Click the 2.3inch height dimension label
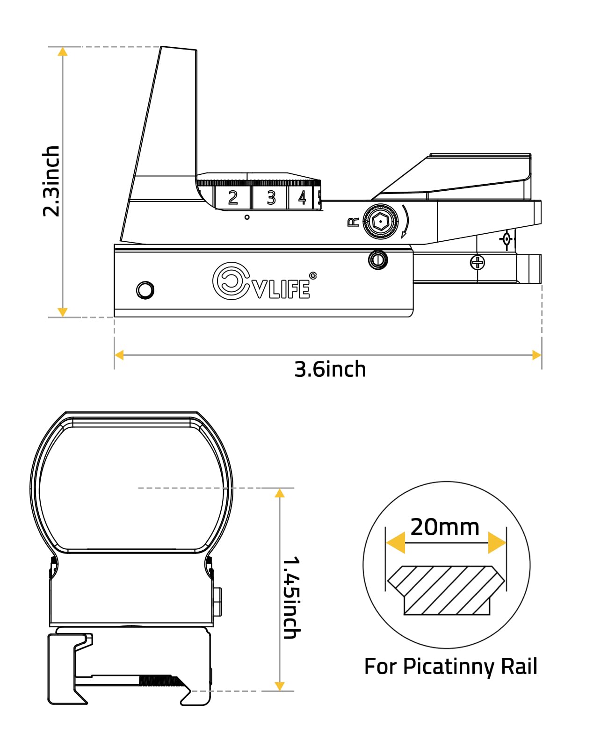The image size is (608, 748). (51, 181)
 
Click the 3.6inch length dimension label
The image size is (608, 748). (330, 369)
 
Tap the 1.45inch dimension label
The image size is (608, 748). (291, 597)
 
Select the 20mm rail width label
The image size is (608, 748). (445, 527)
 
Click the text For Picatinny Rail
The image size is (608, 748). (451, 667)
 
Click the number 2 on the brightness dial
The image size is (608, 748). (232, 198)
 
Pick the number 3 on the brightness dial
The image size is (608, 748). (271, 198)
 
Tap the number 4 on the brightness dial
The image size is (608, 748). (302, 198)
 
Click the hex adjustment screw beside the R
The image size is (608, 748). (380, 222)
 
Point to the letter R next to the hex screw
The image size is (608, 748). (354, 222)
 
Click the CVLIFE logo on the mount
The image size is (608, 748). (261, 281)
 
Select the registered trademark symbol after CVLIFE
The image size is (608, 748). (312, 276)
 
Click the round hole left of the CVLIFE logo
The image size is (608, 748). (145, 290)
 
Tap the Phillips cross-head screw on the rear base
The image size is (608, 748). (478, 263)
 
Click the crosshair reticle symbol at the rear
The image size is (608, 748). (506, 239)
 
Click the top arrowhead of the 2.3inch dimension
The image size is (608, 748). (63, 52)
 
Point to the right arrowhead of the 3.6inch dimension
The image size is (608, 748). (536, 355)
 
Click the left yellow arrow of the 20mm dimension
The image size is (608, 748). (396, 543)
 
